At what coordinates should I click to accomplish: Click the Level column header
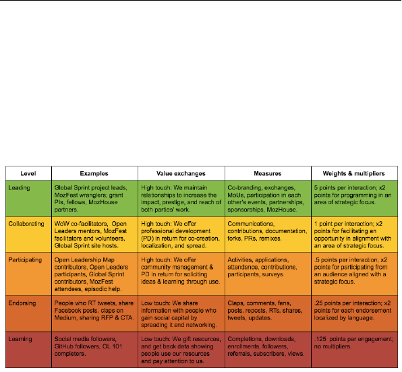coord(28,173)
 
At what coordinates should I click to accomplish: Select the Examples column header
coord(94,173)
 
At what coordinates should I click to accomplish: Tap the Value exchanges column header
coord(181,173)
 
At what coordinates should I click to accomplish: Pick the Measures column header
coord(268,173)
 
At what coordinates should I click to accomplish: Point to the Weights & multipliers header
coord(354,173)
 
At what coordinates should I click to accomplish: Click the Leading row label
coord(20,188)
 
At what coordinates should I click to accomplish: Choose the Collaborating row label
coord(26,224)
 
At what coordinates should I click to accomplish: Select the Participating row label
coord(25,259)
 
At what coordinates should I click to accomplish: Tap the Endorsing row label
coord(22,303)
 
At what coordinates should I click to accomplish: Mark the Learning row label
coord(20,339)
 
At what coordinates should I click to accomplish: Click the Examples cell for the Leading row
coord(94,199)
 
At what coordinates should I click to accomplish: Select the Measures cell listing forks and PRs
coord(268,235)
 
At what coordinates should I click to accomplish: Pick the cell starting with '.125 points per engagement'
coord(355,350)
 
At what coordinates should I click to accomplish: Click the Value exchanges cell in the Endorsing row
coord(181,313)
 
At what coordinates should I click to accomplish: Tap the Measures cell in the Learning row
coord(268,350)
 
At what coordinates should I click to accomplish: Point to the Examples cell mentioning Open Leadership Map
coord(94,274)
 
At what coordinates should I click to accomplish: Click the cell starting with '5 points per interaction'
coord(355,199)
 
